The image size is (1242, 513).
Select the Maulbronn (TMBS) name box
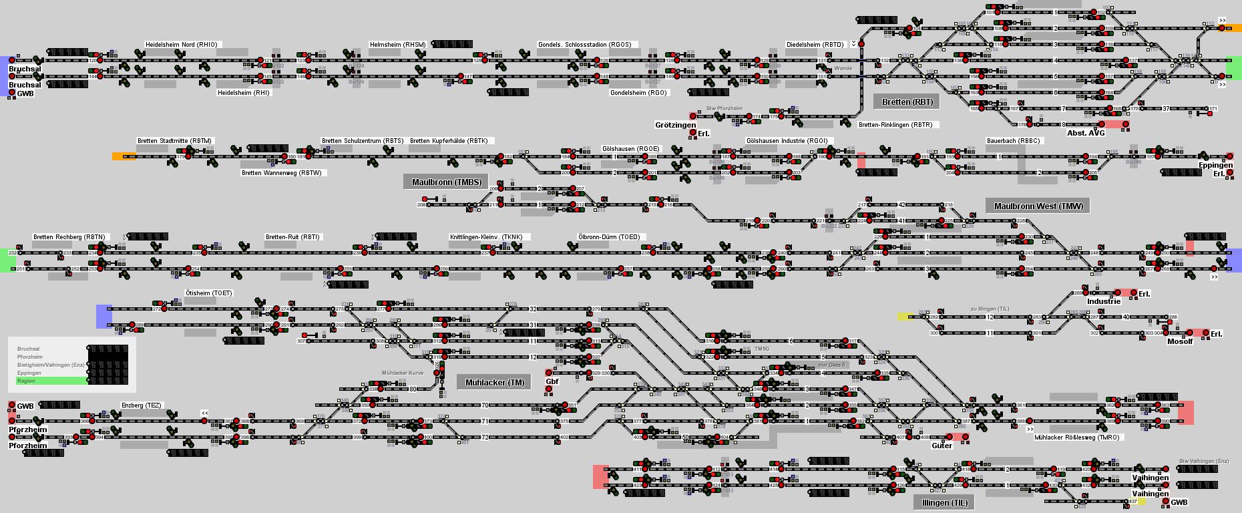pyautogui.click(x=446, y=182)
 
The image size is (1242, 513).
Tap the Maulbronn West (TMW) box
pyautogui.click(x=1038, y=206)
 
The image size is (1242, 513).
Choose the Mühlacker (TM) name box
pyautogui.click(x=494, y=382)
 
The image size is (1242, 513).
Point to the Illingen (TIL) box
pyautogui.click(x=944, y=502)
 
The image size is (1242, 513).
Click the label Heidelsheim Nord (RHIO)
pyautogui.click(x=181, y=45)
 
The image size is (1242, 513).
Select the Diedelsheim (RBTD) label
pyautogui.click(x=815, y=45)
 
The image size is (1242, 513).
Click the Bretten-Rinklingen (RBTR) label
pyautogui.click(x=895, y=125)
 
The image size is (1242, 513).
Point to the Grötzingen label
pyautogui.click(x=675, y=125)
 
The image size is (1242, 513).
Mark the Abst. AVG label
pyautogui.click(x=1086, y=133)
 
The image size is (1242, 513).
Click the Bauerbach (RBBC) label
pyautogui.click(x=1013, y=141)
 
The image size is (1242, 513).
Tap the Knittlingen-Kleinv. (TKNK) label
pyautogui.click(x=489, y=237)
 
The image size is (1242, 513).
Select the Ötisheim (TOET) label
pyautogui.click(x=208, y=293)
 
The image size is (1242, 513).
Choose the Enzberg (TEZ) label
pyautogui.click(x=141, y=405)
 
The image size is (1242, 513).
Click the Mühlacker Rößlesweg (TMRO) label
pyautogui.click(x=1076, y=438)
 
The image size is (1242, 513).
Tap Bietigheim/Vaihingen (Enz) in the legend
pyautogui.click(x=51, y=365)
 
